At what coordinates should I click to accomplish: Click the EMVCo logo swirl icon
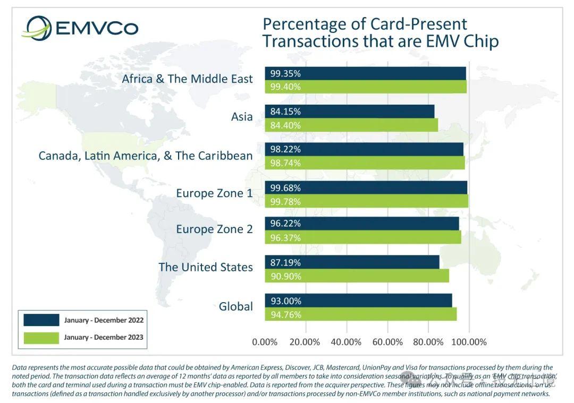(x=36, y=28)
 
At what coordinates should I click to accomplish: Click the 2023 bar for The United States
(x=357, y=276)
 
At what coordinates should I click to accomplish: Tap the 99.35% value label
(x=285, y=73)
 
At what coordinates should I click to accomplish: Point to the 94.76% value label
(x=285, y=314)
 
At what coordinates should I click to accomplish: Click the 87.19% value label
(x=285, y=262)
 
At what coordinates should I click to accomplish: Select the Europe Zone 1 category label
(x=214, y=193)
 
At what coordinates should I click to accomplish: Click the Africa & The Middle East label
(x=187, y=79)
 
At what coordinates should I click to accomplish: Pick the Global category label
(x=235, y=306)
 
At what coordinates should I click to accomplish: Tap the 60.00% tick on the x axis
(x=387, y=342)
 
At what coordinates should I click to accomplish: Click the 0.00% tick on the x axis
(x=265, y=342)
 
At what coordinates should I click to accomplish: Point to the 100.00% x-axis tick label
(x=469, y=342)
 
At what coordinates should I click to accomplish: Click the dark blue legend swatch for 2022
(x=41, y=320)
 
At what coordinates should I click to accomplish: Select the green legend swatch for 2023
(x=41, y=337)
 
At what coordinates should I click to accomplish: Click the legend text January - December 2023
(x=104, y=337)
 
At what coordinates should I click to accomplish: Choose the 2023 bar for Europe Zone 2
(x=363, y=238)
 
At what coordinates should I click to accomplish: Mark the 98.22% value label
(x=285, y=150)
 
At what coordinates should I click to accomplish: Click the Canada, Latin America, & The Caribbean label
(x=146, y=156)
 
